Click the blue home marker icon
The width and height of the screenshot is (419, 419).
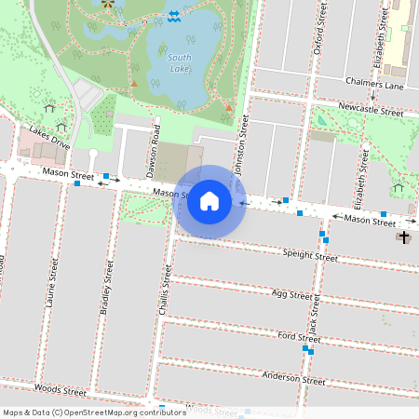click(x=209, y=201)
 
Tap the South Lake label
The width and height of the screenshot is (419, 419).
click(x=180, y=63)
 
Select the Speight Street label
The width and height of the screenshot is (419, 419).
click(x=309, y=255)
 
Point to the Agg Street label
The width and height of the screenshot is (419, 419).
click(x=291, y=295)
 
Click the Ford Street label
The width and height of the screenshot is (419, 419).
click(x=298, y=337)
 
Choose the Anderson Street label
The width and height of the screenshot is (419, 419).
click(x=293, y=378)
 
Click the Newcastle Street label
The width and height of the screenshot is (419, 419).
click(x=371, y=110)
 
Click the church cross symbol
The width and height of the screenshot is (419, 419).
click(x=403, y=237)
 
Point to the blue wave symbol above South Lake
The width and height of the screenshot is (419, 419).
click(x=173, y=15)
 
